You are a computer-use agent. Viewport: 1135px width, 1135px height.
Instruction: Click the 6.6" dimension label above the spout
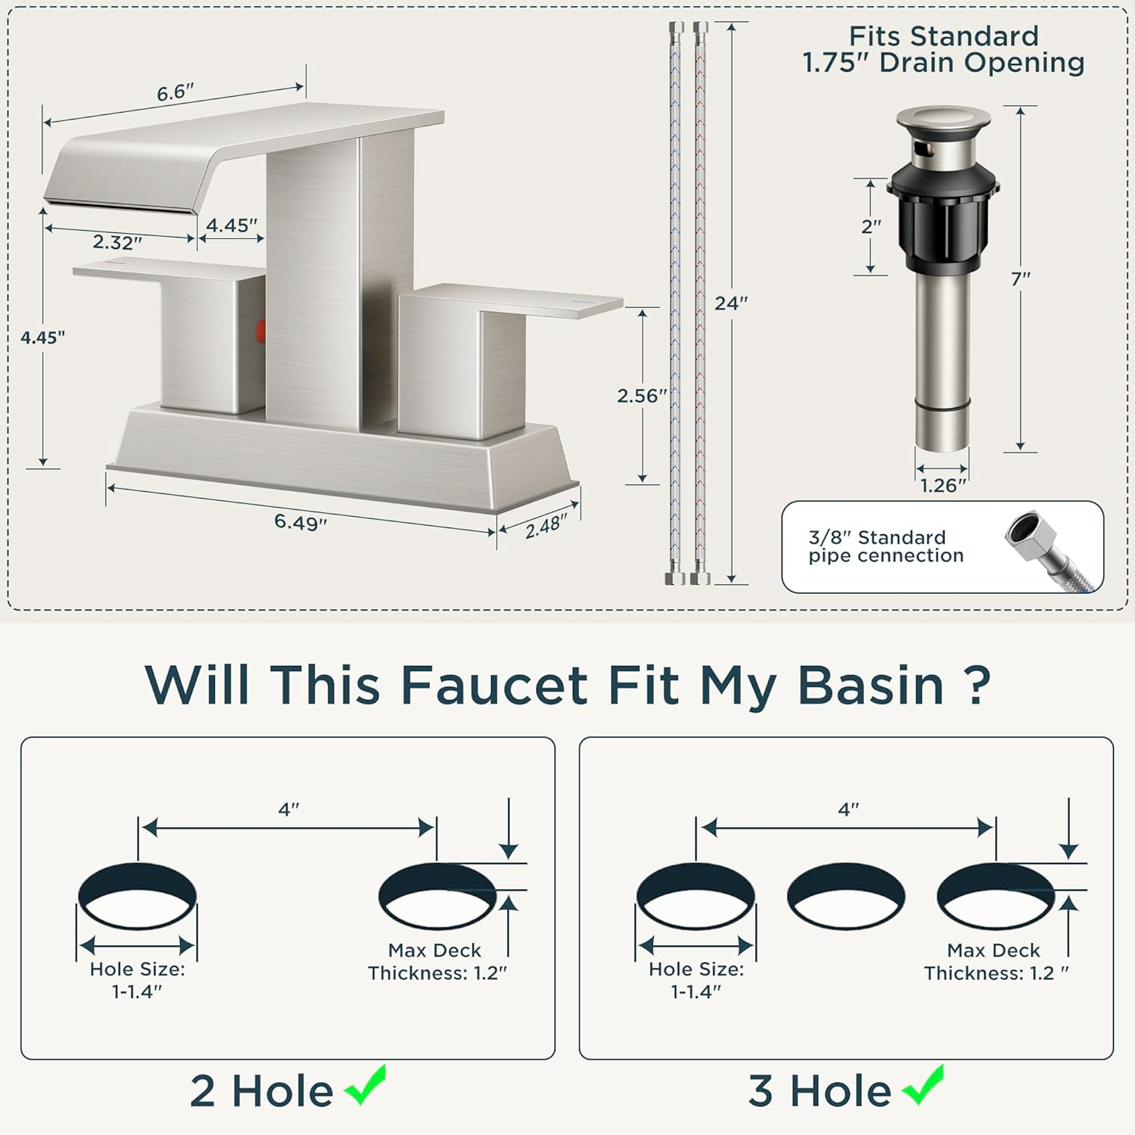point(175,93)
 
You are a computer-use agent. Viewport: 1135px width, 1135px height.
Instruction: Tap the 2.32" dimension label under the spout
point(117,243)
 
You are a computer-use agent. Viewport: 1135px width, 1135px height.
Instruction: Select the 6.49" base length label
point(300,522)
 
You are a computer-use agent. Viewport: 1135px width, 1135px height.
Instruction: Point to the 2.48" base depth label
point(546,527)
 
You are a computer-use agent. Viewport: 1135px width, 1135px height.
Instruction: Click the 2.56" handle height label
point(642,396)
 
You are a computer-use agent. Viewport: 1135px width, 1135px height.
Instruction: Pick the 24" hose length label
point(731,303)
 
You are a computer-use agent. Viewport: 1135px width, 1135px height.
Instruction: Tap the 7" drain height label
point(1021,279)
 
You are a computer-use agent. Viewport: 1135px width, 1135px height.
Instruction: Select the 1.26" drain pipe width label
point(944,486)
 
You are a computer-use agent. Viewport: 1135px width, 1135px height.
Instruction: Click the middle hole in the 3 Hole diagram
point(846,897)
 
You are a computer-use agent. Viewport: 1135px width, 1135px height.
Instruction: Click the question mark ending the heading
point(979,686)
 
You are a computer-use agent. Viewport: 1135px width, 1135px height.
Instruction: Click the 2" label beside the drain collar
point(872,227)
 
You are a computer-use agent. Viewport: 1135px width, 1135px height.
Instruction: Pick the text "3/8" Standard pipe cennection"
point(886,546)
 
